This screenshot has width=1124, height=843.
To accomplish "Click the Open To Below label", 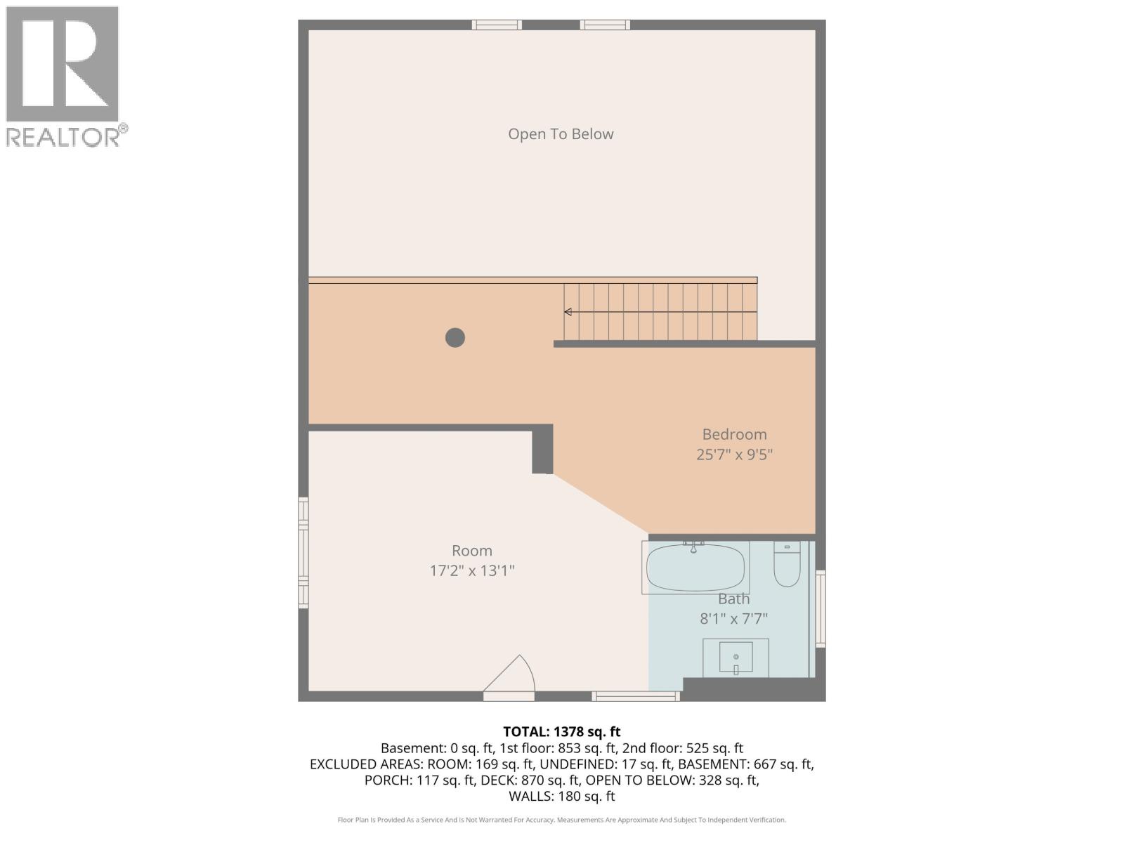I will point(561,134).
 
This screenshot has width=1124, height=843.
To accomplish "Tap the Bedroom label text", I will point(734,434).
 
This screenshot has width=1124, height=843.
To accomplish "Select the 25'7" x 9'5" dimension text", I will point(734,455).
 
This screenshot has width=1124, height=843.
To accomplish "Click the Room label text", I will point(471,551).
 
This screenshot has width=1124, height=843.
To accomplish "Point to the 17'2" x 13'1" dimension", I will point(471,570).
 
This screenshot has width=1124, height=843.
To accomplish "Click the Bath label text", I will point(733,599).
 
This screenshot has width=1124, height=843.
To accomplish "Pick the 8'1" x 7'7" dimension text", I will point(733,619).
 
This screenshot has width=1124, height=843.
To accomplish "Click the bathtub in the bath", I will point(695,568).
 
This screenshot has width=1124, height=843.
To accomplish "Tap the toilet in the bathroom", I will point(787,566).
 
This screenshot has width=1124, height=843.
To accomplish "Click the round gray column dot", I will point(455,338).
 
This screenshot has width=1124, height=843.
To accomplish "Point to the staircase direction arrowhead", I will point(568,312).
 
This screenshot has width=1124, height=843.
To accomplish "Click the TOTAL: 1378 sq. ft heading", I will point(561,732).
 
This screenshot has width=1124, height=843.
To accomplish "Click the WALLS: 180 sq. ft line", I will point(561,797).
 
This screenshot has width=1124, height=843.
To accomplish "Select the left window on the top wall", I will point(497,25).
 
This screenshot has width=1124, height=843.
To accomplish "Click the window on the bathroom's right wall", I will point(820,608).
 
